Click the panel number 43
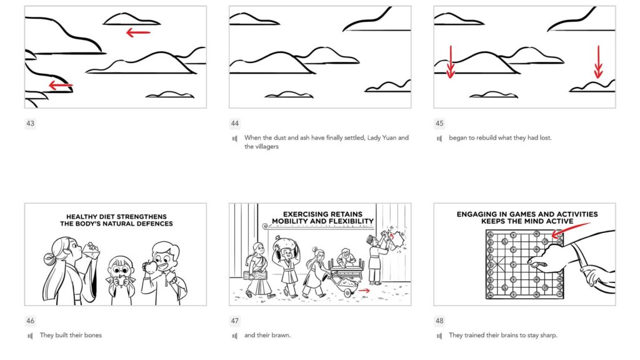(30, 124)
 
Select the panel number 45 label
(439, 124)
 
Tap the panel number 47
(235, 321)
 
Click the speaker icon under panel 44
(235, 138)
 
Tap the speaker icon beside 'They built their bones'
(30, 336)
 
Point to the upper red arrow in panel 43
(138, 32)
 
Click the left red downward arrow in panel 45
(450, 62)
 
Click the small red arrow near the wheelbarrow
(364, 290)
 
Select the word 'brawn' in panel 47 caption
(280, 336)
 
